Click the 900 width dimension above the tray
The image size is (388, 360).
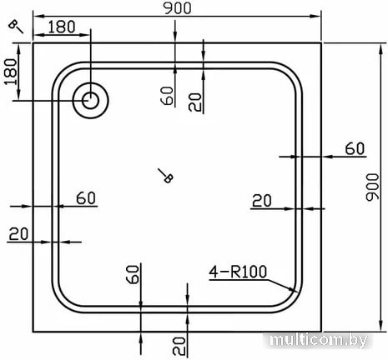click(x=177, y=8)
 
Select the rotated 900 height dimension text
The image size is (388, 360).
click(x=372, y=187)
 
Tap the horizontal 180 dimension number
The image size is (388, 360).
click(x=62, y=27)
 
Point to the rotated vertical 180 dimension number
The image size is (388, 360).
click(x=11, y=72)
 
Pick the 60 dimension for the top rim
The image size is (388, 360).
click(x=167, y=96)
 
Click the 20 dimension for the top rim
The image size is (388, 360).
click(x=194, y=102)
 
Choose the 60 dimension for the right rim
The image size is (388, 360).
click(x=355, y=149)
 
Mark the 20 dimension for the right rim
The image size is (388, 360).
click(x=261, y=201)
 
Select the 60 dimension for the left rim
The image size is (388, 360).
click(x=86, y=198)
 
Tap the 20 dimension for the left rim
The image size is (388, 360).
click(x=18, y=234)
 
